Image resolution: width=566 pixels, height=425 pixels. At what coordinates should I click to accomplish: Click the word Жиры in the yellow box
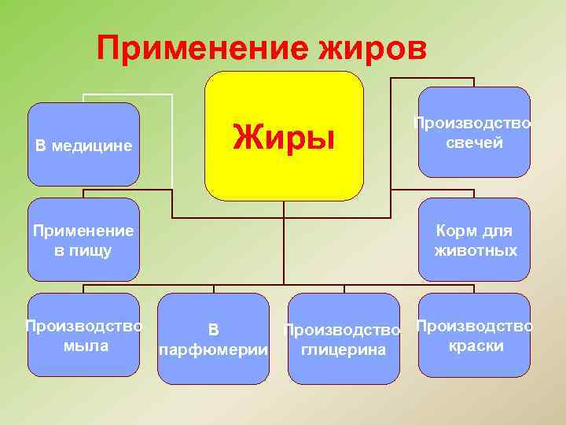tap(284, 139)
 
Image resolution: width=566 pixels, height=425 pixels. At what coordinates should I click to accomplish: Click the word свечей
tap(474, 143)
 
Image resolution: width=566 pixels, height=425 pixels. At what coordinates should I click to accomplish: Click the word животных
tap(476, 251)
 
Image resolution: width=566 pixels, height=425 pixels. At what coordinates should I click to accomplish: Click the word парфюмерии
tap(213, 349)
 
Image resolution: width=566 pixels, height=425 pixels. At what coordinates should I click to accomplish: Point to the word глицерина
tap(344, 349)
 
